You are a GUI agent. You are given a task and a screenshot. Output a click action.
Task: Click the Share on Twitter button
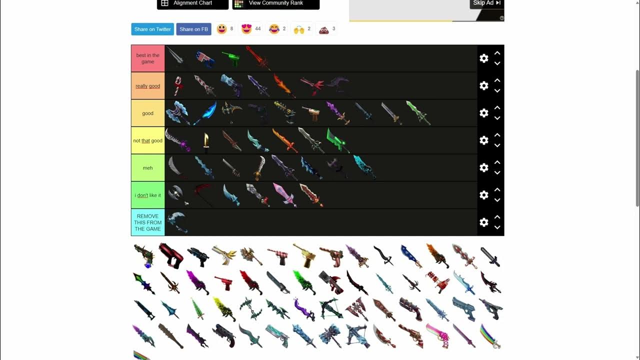pyautogui.click(x=152, y=29)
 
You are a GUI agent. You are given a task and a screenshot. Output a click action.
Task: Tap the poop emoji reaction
pyautogui.click(x=324, y=29)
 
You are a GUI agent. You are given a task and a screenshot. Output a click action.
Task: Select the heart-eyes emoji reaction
pyautogui.click(x=246, y=29)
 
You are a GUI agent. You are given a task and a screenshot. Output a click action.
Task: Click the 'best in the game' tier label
pyautogui.click(x=148, y=58)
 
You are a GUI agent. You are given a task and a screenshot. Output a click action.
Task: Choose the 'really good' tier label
pyautogui.click(x=148, y=86)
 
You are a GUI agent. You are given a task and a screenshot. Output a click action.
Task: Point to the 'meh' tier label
pyautogui.click(x=148, y=168)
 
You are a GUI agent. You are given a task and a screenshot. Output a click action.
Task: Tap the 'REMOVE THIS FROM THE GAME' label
pyautogui.click(x=148, y=222)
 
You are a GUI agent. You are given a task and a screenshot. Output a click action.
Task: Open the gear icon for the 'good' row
pyautogui.click(x=484, y=113)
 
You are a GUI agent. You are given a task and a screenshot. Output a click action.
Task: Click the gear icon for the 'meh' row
pyautogui.click(x=484, y=167)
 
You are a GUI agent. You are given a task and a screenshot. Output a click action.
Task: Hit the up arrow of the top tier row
pyautogui.click(x=497, y=53)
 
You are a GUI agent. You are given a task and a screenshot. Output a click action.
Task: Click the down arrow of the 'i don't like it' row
pyautogui.click(x=497, y=200)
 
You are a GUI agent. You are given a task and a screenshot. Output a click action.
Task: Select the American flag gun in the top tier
pyautogui.click(x=205, y=58)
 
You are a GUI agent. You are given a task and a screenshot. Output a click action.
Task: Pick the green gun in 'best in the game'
pyautogui.click(x=230, y=58)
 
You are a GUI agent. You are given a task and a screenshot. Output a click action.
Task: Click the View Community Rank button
pyautogui.click(x=275, y=3)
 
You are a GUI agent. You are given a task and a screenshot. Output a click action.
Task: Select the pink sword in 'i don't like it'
pyautogui.click(x=284, y=194)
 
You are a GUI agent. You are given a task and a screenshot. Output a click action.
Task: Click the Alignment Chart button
pyautogui.click(x=192, y=3)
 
